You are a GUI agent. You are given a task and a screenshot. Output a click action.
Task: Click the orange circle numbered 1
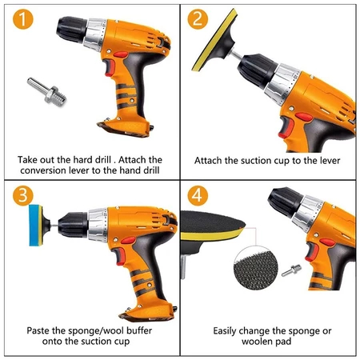coord(23,19)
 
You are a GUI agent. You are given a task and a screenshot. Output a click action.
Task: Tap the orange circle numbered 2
coord(198,19)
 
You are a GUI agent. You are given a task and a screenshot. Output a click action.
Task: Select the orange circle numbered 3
coord(23,195)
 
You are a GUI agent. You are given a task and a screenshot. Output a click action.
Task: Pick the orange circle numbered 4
coord(198,195)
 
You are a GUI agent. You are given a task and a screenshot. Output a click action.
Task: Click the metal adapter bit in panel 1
coord(46,92)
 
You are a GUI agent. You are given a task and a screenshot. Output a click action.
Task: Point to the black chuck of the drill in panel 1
coord(71,30)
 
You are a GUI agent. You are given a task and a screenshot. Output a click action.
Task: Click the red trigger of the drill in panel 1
coord(110,68)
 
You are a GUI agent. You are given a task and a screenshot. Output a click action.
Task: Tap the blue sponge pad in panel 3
coord(35,226)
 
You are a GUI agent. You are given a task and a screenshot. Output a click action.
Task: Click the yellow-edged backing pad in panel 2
coord(214,40)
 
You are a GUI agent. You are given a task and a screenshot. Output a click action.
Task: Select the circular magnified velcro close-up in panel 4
coord(256,269)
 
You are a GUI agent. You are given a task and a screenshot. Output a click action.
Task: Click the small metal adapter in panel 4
coord(291,270)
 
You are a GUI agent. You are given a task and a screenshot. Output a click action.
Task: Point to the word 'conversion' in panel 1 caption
coord(43,170)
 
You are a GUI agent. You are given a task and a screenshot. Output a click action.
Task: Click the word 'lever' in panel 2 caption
coord(330,161)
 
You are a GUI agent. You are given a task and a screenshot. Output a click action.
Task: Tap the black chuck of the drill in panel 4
coord(286,202)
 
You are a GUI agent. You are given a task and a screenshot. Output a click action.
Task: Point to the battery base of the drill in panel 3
coord(148,312)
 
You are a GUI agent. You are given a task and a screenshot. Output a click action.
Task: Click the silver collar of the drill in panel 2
coord(282,84)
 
